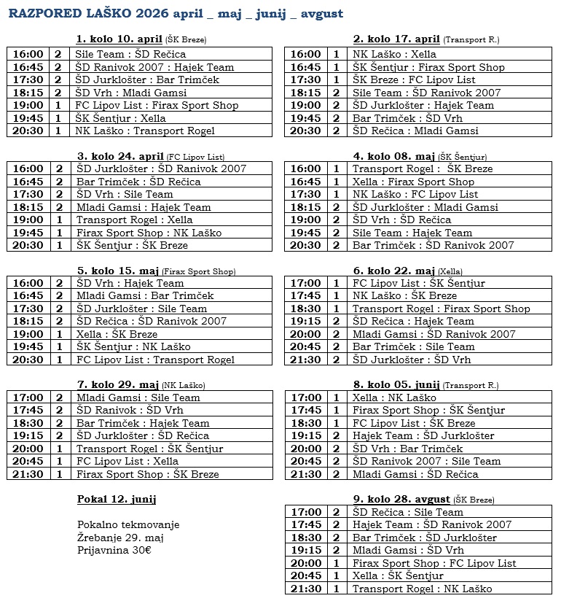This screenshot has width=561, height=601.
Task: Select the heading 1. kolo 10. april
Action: coord(119,39)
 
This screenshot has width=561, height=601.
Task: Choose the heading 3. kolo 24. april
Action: coord(119,155)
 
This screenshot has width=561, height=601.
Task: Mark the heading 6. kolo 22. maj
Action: coord(394,271)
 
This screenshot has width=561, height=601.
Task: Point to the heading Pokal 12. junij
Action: coord(117,500)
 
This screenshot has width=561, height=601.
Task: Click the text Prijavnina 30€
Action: coord(114,550)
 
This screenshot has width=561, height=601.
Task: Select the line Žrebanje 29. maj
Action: coord(120,538)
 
